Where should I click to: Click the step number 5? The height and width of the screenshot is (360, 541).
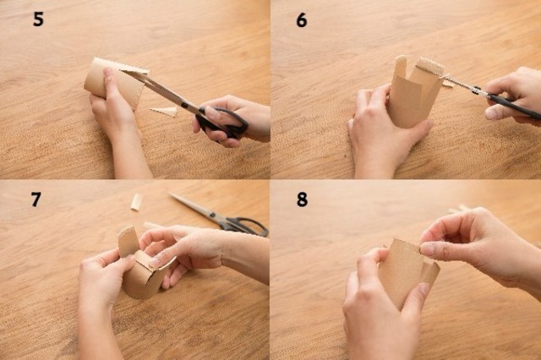[38, 19]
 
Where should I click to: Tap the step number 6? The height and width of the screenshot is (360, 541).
[302, 20]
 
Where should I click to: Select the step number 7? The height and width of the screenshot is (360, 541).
[36, 199]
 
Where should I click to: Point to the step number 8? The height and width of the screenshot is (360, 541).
[302, 199]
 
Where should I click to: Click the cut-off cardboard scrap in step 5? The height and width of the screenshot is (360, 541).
[164, 112]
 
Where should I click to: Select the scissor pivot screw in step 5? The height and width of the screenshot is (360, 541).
[184, 104]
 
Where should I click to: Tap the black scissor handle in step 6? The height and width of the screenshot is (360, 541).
[514, 105]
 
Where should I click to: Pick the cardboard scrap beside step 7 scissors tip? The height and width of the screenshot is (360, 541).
[137, 202]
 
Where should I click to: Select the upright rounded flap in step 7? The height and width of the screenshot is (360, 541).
[127, 242]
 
